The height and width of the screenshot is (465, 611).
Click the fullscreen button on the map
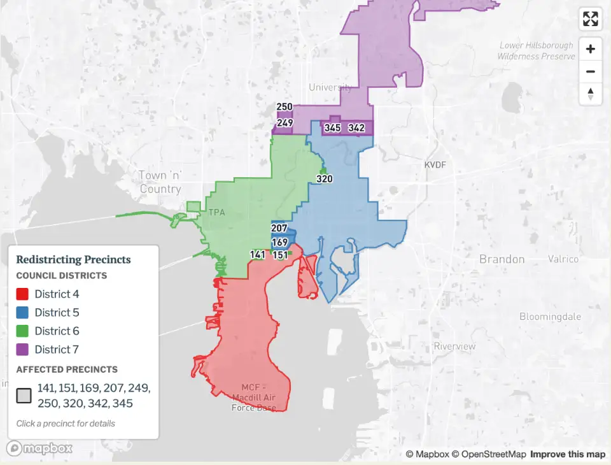pyautogui.click(x=591, y=19)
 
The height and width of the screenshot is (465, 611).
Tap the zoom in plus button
pyautogui.click(x=591, y=49)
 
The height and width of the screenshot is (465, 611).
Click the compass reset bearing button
pyautogui.click(x=591, y=93)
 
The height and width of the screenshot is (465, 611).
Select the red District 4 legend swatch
pyautogui.click(x=22, y=294)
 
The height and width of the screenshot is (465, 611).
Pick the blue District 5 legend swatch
pyautogui.click(x=22, y=313)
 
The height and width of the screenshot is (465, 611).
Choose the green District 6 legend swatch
pyautogui.click(x=22, y=331)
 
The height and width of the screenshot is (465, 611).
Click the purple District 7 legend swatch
pyautogui.click(x=22, y=350)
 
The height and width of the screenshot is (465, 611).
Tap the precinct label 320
pyautogui.click(x=325, y=179)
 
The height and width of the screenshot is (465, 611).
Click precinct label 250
pyautogui.click(x=284, y=107)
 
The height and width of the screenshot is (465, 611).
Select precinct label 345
pyautogui.click(x=332, y=128)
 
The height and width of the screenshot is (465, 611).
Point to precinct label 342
pyautogui.click(x=356, y=128)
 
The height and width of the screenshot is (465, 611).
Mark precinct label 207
pyautogui.click(x=279, y=228)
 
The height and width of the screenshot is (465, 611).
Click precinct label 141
pyautogui.click(x=258, y=255)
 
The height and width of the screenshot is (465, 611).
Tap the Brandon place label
pyautogui.click(x=502, y=259)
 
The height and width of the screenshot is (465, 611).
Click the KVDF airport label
pyautogui.click(x=436, y=166)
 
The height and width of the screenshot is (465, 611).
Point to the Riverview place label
pyautogui.click(x=454, y=347)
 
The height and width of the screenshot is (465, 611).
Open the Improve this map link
pyautogui.click(x=568, y=454)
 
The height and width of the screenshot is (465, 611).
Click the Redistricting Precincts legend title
pyautogui.click(x=73, y=260)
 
